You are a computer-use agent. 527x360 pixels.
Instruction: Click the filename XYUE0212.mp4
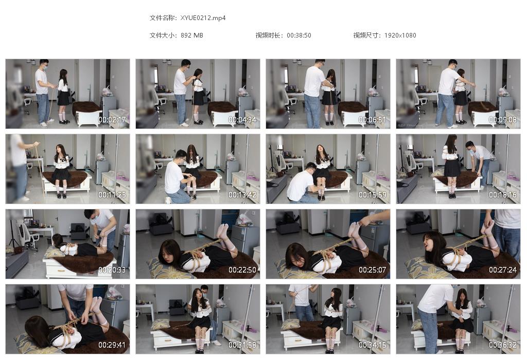point(203,18)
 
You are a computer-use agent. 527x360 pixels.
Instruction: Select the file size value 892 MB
point(192,35)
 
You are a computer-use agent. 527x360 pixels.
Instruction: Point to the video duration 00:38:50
point(299,35)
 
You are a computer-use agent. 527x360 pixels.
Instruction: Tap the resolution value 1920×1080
point(400,35)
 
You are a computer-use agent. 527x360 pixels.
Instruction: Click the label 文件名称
point(163,18)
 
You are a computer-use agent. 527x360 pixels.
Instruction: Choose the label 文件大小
point(163,35)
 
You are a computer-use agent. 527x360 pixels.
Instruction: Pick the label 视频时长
point(269,35)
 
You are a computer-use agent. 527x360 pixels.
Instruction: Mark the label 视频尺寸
point(366,35)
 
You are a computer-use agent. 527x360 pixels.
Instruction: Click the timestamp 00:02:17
point(112,119)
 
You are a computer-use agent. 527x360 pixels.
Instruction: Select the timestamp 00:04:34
point(242,119)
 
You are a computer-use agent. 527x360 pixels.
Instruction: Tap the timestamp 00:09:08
point(503,119)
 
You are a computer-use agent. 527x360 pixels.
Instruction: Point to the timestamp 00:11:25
point(112,195)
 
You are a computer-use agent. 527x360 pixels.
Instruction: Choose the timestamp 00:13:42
point(242,195)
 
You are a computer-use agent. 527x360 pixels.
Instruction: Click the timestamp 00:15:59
point(373,195)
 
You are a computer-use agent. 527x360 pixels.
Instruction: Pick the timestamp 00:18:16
point(503,195)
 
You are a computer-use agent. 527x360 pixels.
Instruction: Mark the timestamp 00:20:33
point(112,270)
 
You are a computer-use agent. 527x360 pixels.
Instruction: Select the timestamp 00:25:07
point(373,270)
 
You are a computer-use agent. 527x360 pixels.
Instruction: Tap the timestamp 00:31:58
point(242,345)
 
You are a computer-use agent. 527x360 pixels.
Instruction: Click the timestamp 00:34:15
point(373,345)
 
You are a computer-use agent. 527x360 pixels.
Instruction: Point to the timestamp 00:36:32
point(503,345)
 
